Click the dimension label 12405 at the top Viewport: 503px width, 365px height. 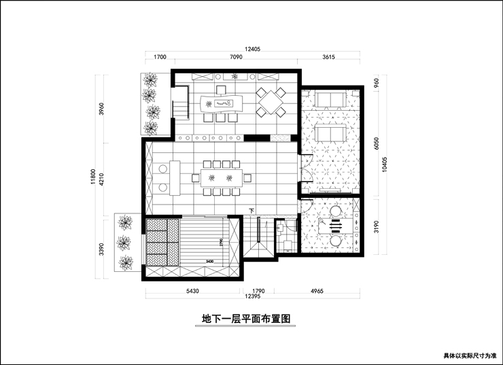click(x=253, y=49)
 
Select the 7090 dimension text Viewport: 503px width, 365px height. click(x=236, y=58)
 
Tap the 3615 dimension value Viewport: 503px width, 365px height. click(x=328, y=58)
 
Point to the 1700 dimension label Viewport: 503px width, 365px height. click(x=160, y=58)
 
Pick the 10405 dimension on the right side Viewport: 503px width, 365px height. click(x=385, y=166)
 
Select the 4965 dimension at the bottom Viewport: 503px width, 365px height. click(x=317, y=291)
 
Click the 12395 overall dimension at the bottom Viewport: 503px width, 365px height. click(x=253, y=298)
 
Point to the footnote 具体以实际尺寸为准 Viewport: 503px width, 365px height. click(x=470, y=355)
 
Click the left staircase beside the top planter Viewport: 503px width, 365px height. click(x=179, y=109)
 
